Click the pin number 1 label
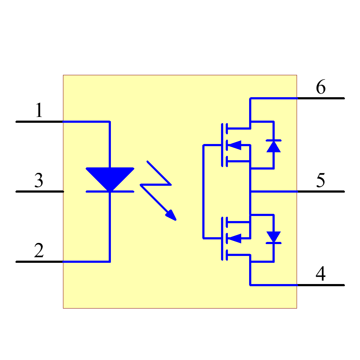point(39,111)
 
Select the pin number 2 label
point(39,251)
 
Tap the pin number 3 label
point(39,180)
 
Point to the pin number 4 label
point(321,274)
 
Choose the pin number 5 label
point(321,180)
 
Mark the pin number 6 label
point(321,87)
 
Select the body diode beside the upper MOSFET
point(274,146)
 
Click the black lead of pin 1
point(40,122)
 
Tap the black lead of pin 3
point(40,192)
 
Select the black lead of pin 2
point(40,261)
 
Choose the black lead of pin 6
point(320,98)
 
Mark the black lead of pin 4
point(320,285)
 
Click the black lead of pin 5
point(320,192)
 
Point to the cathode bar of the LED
point(110,192)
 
